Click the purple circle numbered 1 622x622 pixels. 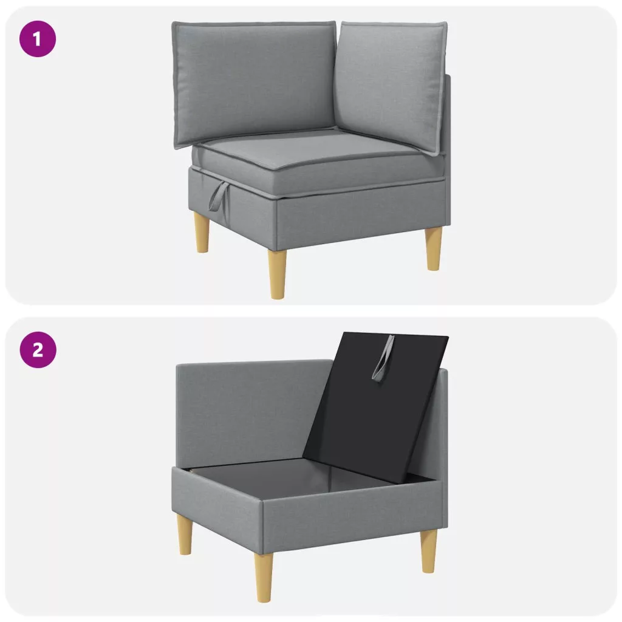38,39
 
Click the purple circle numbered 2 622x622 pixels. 38,350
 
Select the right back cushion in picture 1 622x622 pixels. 391,85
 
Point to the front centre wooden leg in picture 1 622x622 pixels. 277,275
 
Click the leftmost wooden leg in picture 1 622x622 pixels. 202,232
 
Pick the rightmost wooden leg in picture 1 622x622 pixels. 434,249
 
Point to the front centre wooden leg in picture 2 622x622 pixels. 264,577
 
